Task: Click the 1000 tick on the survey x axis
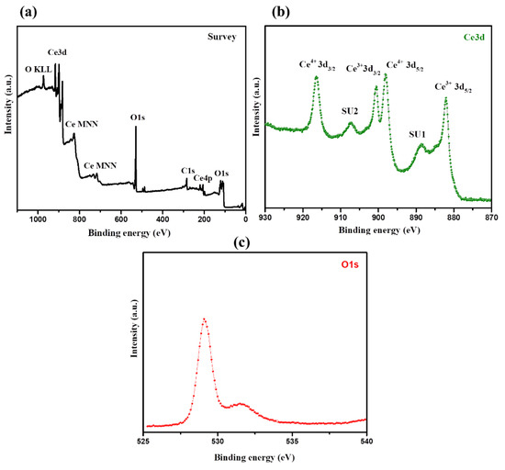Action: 38,219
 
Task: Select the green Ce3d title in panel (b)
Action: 477,38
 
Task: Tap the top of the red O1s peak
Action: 204,319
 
